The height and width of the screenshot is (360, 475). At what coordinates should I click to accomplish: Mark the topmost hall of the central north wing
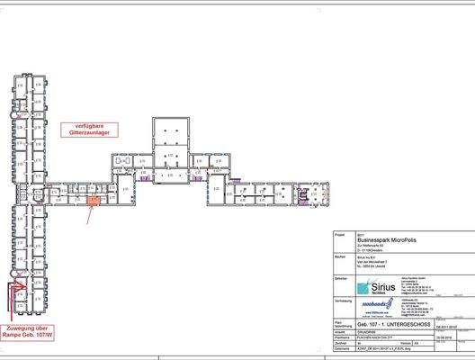point(170,130)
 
